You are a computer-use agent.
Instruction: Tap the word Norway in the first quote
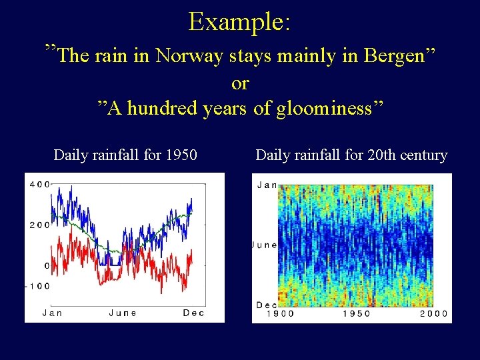[x=189, y=56]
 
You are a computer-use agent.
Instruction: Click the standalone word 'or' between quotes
[x=240, y=83]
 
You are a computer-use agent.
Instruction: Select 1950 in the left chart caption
[x=181, y=155]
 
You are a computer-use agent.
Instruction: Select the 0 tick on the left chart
[x=47, y=265]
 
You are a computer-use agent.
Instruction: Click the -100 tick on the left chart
[x=38, y=286]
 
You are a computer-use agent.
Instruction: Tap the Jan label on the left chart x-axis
[x=54, y=313]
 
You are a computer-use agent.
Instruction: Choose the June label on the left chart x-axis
[x=123, y=313]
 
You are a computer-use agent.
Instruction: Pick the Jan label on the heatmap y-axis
[x=267, y=185]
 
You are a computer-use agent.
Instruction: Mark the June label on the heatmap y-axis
[x=265, y=245]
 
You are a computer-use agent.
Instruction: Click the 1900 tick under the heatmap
[x=280, y=314]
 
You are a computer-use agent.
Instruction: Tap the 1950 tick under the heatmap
[x=357, y=314]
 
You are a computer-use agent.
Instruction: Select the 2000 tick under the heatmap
[x=433, y=314]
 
